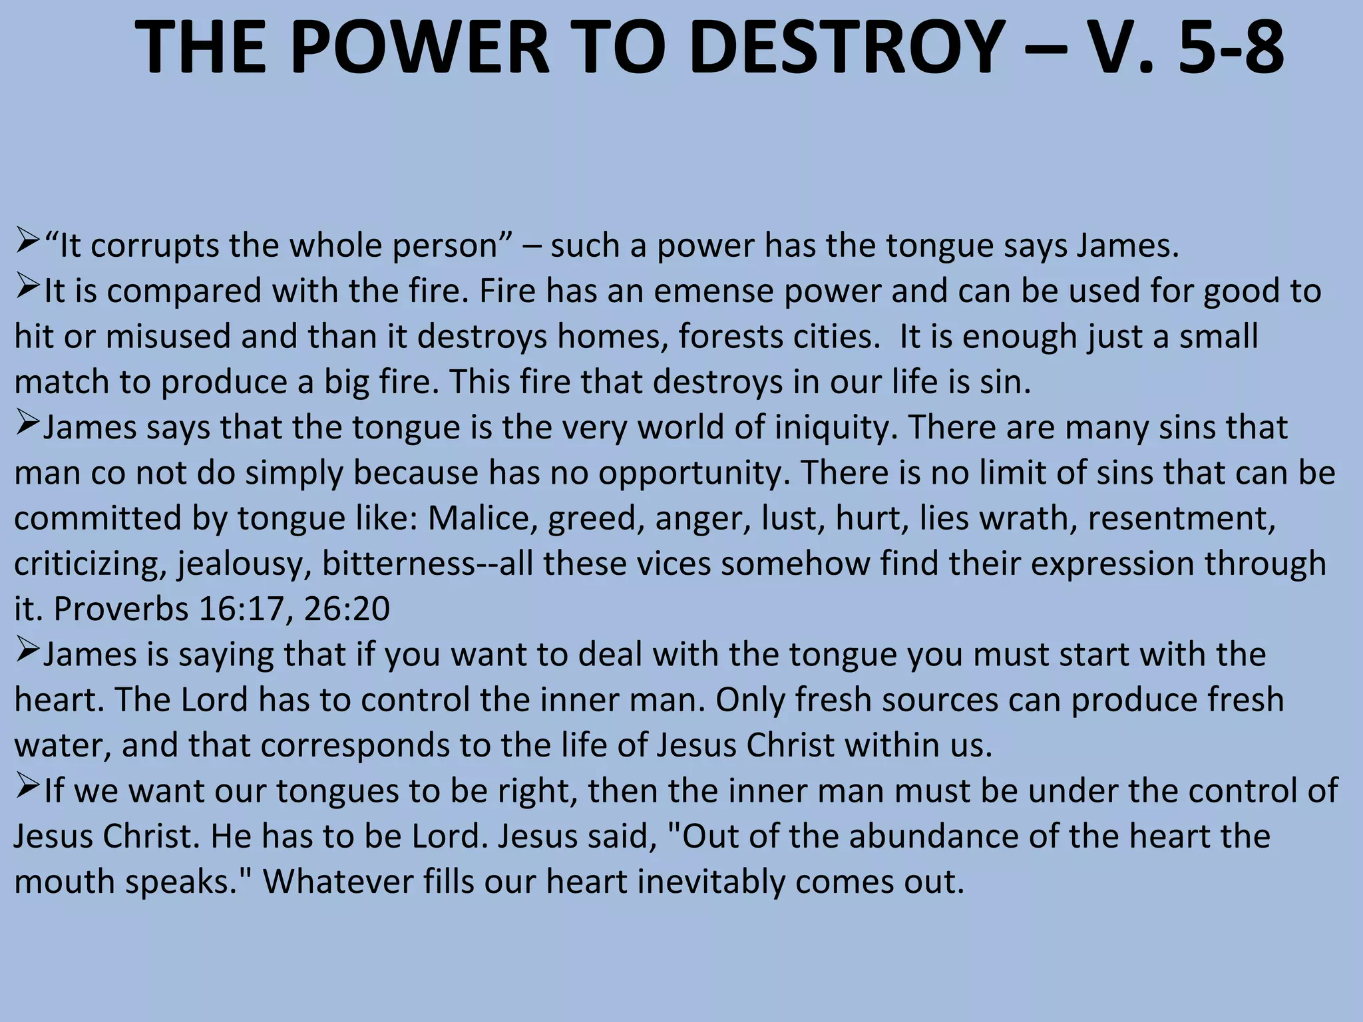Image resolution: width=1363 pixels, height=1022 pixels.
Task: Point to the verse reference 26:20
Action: click(347, 608)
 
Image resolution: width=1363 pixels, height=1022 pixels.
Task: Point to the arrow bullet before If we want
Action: click(28, 788)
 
